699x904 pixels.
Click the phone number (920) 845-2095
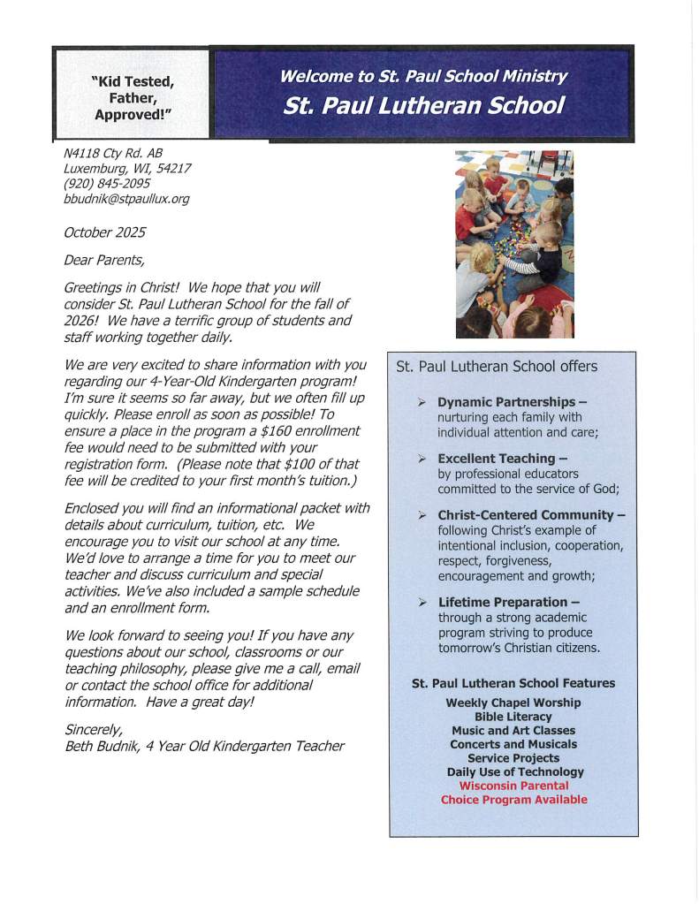pyautogui.click(x=107, y=184)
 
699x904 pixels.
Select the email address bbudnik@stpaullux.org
pyautogui.click(x=126, y=199)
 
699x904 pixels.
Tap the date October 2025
pyautogui.click(x=104, y=232)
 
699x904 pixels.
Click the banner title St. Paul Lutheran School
pyautogui.click(x=423, y=107)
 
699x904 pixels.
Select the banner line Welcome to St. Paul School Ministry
pyautogui.click(x=423, y=76)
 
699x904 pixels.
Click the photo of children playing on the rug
pyautogui.click(x=514, y=244)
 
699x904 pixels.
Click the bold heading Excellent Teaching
pyautogui.click(x=497, y=459)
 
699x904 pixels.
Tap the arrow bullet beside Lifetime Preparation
pyautogui.click(x=422, y=603)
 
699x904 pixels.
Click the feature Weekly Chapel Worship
pyautogui.click(x=513, y=703)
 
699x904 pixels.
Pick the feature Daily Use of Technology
pyautogui.click(x=515, y=771)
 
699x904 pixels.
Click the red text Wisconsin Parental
pyautogui.click(x=513, y=786)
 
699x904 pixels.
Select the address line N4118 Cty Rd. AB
pyautogui.click(x=113, y=153)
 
